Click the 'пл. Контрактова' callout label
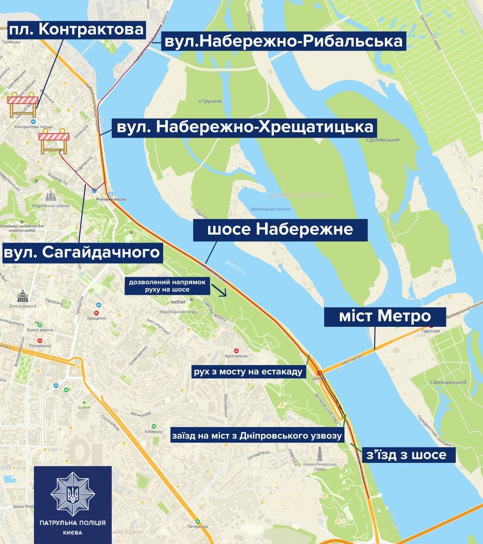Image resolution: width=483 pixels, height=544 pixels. point(76,29)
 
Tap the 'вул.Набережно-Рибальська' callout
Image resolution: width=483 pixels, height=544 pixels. point(283,41)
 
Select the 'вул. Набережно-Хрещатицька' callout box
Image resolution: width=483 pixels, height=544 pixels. point(244,127)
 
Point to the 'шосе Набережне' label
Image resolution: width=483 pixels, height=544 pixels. point(280,230)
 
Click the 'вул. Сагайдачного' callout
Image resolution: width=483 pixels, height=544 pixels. point(82,252)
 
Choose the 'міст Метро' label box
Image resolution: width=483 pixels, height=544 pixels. point(385,317)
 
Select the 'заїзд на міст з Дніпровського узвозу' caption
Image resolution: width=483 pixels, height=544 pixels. point(257,436)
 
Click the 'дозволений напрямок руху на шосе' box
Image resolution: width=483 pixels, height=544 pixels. point(167,286)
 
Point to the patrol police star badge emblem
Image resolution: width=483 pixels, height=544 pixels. point(73,493)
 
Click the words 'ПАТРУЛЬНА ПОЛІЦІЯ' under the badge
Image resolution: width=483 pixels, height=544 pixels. point(73,523)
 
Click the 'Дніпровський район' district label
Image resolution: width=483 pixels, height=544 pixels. point(299,195)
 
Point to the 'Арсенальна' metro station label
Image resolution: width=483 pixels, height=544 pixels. point(236,356)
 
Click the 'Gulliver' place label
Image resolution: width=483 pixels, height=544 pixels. point(84,407)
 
